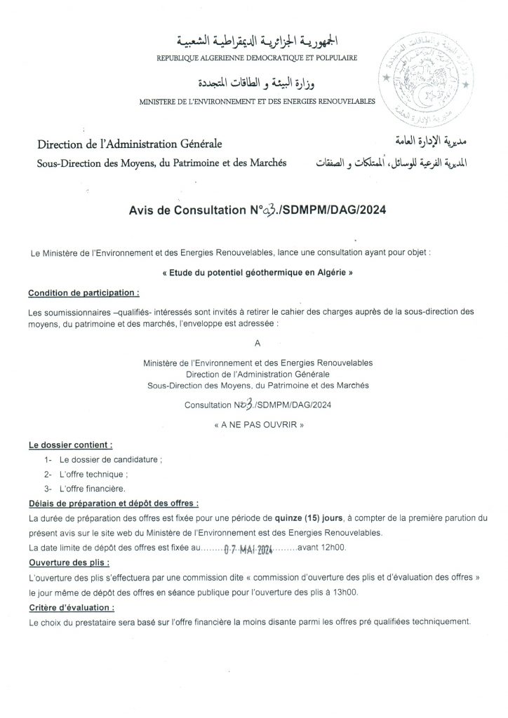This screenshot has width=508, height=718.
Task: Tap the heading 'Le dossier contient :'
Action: coord(70,445)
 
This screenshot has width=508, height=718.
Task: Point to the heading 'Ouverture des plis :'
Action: coord(69,563)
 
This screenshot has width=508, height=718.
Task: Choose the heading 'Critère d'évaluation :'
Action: coord(72,607)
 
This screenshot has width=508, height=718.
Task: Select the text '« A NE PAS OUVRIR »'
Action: coord(254,425)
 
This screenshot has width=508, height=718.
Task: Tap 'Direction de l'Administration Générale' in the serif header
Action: coord(123,144)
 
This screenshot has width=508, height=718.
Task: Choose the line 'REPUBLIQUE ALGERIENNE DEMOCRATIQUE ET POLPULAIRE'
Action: coord(258,56)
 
